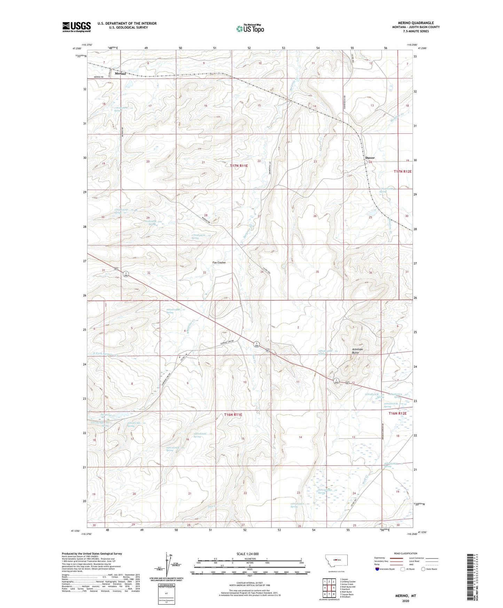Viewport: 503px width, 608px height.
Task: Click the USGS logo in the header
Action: (77, 27)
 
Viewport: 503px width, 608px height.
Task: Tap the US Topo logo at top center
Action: (250, 29)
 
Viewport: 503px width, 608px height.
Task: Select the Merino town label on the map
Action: (120, 73)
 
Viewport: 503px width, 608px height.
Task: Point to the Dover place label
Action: (370, 158)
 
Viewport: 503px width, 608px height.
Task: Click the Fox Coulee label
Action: (219, 263)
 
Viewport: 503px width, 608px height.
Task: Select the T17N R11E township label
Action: (239, 166)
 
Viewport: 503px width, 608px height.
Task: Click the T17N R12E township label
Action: (403, 171)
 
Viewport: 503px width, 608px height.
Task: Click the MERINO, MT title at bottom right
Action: (405, 596)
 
